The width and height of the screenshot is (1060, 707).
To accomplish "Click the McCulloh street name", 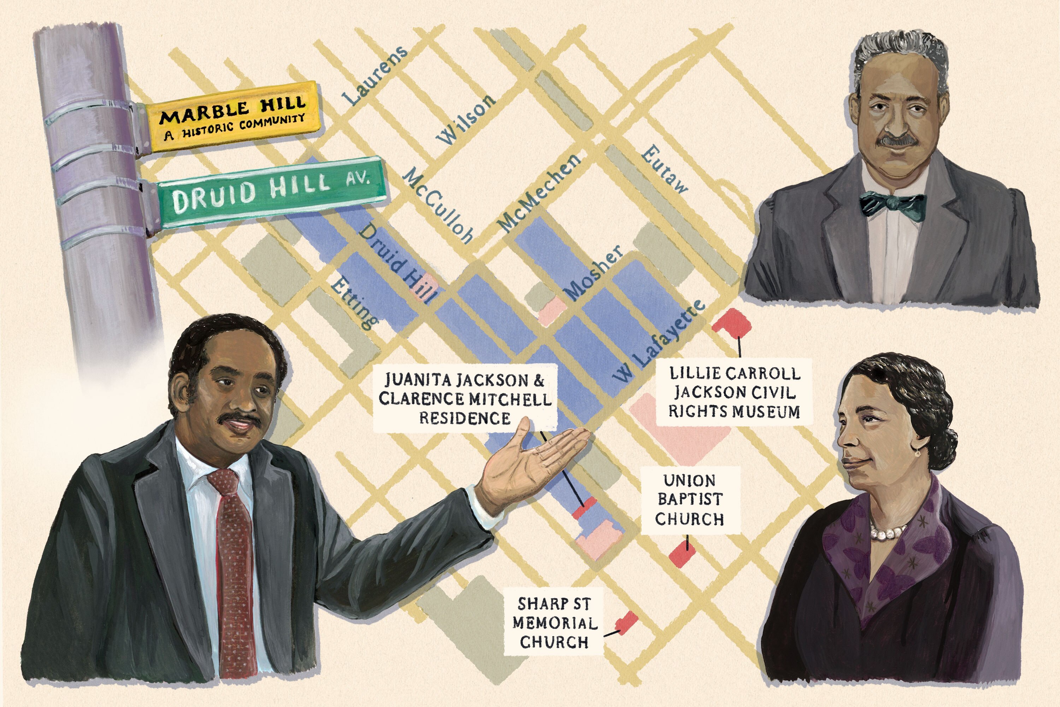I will (437, 205).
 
